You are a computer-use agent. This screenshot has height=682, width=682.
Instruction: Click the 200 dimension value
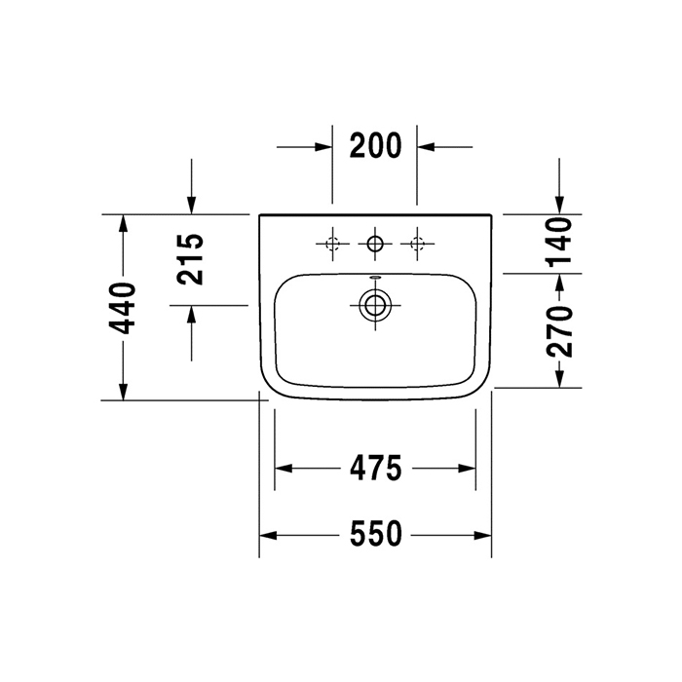coord(375,146)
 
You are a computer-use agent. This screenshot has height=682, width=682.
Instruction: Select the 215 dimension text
coord(192,258)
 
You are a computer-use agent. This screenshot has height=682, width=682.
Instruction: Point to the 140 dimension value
coord(558,242)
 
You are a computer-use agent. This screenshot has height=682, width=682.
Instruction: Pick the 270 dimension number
coord(558,331)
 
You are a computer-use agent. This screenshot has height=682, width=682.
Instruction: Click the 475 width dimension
coord(375,469)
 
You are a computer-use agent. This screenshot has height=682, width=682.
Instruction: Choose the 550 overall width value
coord(375,535)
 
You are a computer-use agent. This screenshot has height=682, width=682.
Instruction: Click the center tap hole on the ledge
coord(375,243)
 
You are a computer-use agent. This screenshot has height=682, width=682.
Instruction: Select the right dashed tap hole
coord(418,243)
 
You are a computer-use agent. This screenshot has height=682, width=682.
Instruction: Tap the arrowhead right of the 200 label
coord(427,146)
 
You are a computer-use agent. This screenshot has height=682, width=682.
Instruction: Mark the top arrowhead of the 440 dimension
coord(123,223)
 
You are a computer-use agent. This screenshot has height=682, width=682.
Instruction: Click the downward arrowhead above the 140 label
coord(558,205)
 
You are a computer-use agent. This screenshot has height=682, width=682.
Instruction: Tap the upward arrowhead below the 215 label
coord(192,314)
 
